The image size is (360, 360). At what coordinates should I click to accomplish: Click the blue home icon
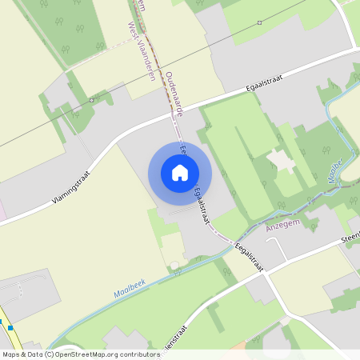coord(180,173)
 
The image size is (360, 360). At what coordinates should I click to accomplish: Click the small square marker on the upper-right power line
coord(260,22)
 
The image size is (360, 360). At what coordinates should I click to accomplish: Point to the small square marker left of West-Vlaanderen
coord(93,100)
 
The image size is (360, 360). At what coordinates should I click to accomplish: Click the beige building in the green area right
coord(282,160)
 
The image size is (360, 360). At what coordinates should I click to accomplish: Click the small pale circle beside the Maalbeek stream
coord(174,265)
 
